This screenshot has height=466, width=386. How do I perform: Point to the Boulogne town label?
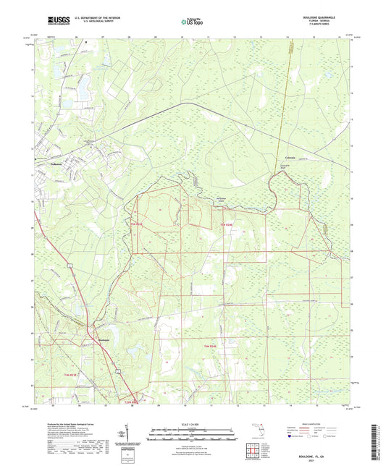point(104,340)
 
